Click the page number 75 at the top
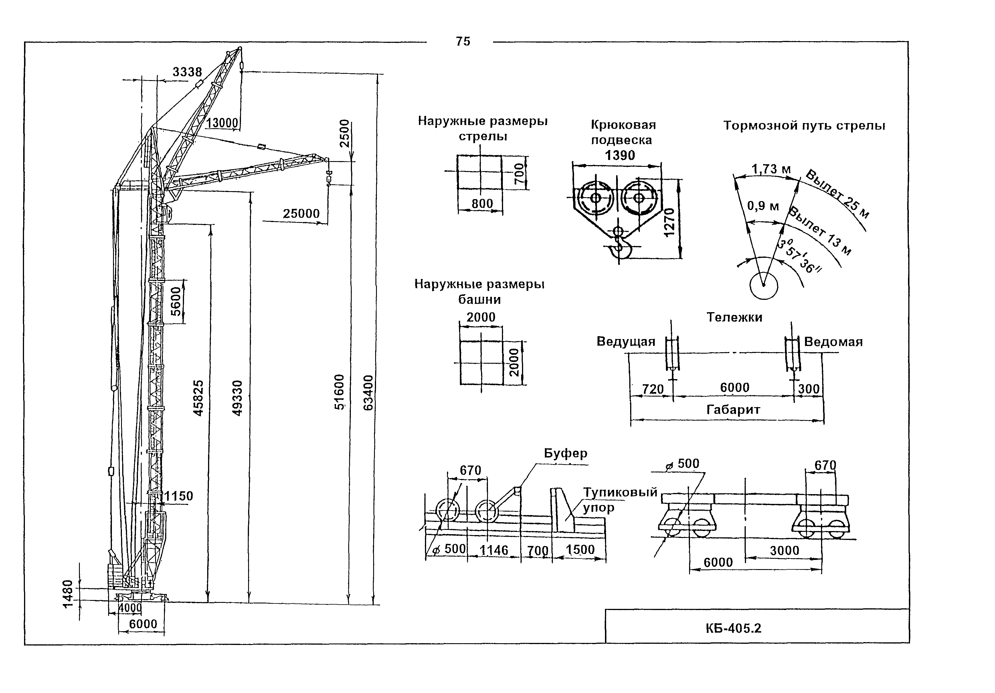pos(463,41)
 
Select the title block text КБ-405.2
pos(733,628)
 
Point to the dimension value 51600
pos(339,392)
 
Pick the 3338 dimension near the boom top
pos(187,72)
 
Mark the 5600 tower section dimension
pos(175,301)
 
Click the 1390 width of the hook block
pos(620,155)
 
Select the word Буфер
pos(565,453)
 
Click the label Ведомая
pos(833,342)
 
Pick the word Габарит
pos(733,409)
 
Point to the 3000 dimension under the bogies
pos(784,551)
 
